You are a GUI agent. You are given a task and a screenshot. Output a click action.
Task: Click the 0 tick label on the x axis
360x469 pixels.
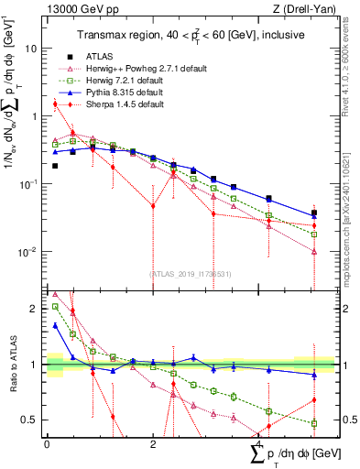point(47,443)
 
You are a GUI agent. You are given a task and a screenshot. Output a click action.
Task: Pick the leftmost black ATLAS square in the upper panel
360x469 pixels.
point(55,166)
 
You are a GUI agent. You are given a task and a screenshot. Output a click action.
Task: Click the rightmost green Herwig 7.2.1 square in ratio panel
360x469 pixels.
point(314,423)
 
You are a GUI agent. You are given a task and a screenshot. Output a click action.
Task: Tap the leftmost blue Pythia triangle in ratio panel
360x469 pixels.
point(55,325)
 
